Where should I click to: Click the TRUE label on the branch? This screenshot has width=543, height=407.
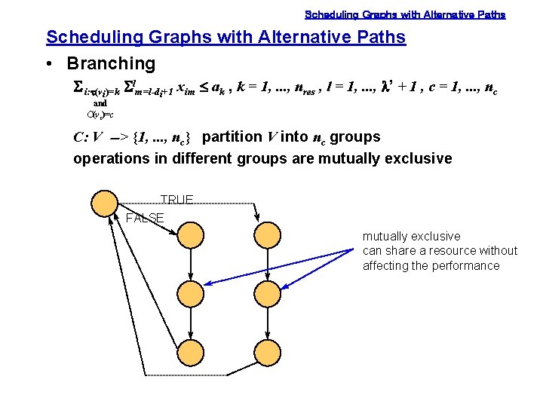(x=177, y=200)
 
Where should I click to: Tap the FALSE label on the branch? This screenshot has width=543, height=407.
(x=145, y=219)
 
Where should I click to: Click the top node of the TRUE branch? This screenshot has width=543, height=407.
(x=268, y=234)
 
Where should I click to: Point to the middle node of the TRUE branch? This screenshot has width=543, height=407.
(x=268, y=292)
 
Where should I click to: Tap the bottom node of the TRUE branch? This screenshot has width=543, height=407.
(x=268, y=350)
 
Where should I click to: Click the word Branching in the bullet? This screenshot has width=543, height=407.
(x=111, y=64)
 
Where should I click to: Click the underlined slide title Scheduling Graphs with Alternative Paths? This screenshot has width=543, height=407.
(x=225, y=37)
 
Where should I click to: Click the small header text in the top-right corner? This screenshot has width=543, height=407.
(x=405, y=14)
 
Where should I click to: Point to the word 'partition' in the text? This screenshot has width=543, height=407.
(x=232, y=137)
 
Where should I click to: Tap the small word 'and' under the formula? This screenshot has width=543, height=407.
(x=100, y=103)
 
